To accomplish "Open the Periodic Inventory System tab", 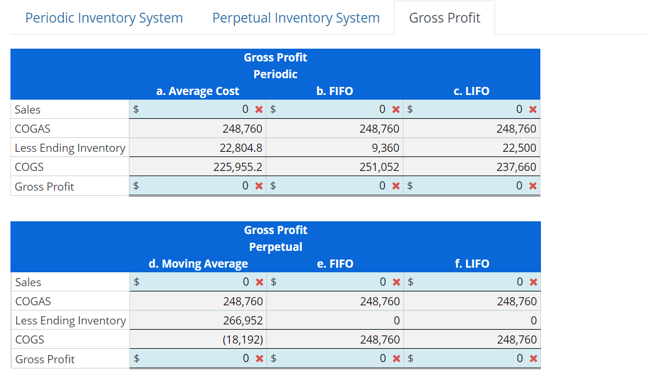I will click(x=104, y=18).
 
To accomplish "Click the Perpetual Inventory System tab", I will click(x=296, y=18).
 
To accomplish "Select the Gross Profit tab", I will click(x=445, y=18).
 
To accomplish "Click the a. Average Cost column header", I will click(x=198, y=91).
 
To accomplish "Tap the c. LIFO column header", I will click(x=472, y=91).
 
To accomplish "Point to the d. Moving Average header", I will click(x=199, y=264).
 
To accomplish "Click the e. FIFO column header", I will click(x=335, y=264).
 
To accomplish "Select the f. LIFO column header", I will click(x=472, y=264).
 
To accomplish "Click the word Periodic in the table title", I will click(x=276, y=74).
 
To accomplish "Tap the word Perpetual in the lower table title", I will click(x=276, y=247).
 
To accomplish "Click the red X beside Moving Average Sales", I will click(x=259, y=283).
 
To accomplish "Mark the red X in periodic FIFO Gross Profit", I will click(x=396, y=187).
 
